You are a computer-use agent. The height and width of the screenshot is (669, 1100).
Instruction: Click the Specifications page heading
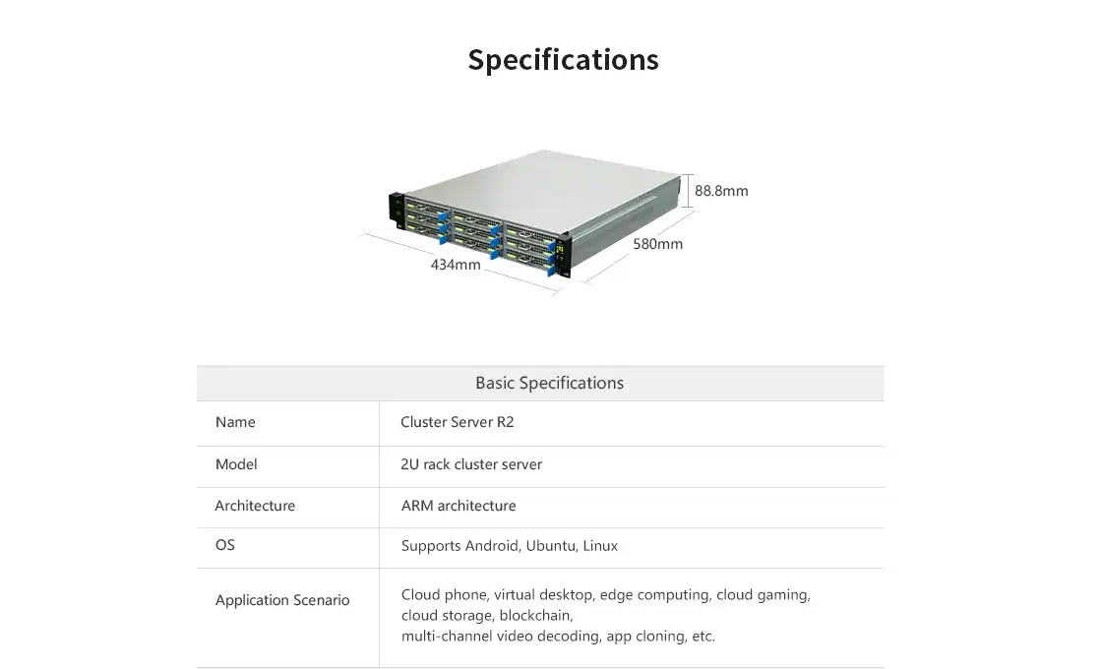pos(563,60)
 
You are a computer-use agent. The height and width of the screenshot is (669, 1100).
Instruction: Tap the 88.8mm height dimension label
pos(721,191)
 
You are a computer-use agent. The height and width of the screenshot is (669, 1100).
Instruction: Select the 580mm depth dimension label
pos(657,244)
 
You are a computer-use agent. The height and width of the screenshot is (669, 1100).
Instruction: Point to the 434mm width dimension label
pos(456,265)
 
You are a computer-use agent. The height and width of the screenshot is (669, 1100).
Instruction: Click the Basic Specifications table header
pos(549,383)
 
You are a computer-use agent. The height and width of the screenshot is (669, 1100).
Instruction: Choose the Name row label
pos(235,422)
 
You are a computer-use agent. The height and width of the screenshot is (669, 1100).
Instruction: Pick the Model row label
pos(236,464)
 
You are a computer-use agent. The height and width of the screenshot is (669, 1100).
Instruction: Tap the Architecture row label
pos(255,506)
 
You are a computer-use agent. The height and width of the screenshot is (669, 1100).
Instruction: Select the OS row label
pos(225,545)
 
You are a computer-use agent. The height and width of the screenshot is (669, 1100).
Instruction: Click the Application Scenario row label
pos(282,600)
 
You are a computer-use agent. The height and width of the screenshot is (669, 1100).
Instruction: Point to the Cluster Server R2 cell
pos(458,422)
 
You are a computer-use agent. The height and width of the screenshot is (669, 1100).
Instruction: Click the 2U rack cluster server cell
pos(471,464)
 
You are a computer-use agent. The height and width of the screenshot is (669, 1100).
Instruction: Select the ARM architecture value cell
pos(458,506)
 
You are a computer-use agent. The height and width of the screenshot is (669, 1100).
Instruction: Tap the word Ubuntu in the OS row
pos(551,545)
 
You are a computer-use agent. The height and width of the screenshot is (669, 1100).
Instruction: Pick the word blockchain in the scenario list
pos(534,616)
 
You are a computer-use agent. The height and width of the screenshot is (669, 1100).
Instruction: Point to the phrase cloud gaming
pos(762,595)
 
